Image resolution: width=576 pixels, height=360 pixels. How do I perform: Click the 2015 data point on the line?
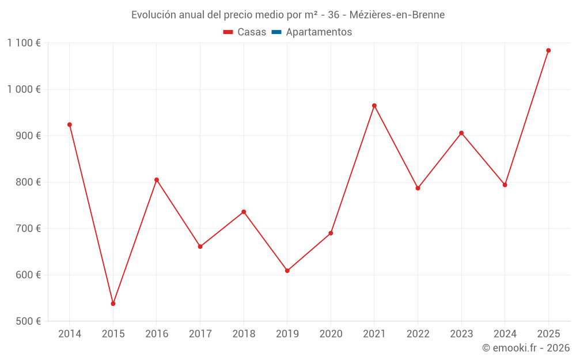click(x=113, y=304)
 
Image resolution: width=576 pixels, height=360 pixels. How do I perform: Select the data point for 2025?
click(x=548, y=51)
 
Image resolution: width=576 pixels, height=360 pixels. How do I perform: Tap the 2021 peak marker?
click(x=374, y=106)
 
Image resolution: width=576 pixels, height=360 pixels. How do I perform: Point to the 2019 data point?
click(x=287, y=271)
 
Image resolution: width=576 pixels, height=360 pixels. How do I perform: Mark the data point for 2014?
click(x=70, y=124)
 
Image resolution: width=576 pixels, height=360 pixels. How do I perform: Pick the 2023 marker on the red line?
click(x=461, y=133)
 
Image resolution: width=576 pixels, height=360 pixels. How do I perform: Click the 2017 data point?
click(x=200, y=247)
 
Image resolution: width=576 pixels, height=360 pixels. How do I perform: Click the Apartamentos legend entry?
click(x=319, y=32)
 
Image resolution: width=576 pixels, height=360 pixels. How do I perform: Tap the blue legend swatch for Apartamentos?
click(x=276, y=32)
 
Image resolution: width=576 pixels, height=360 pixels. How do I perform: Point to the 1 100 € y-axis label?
click(x=24, y=43)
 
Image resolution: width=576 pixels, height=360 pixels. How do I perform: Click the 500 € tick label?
click(x=28, y=321)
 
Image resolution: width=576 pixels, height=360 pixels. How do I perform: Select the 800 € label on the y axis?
click(x=28, y=182)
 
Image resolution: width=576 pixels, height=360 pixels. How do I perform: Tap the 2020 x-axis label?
click(x=331, y=334)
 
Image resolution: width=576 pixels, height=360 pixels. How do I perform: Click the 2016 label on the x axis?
click(x=157, y=334)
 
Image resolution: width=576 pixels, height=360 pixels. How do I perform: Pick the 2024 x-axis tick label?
click(x=505, y=334)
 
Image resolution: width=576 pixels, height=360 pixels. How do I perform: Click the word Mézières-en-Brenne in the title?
click(x=397, y=15)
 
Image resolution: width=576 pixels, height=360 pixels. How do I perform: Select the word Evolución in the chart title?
click(x=154, y=15)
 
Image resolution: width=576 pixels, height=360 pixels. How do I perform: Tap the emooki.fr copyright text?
click(x=525, y=348)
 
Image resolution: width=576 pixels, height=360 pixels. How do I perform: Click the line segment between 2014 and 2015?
click(x=91, y=213)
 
